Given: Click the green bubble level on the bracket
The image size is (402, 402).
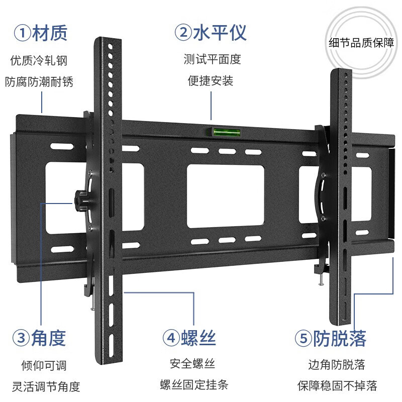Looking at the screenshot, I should click(x=220, y=133).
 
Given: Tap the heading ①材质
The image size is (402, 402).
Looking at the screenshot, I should click(x=40, y=34).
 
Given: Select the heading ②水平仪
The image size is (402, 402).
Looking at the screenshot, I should click(x=211, y=34).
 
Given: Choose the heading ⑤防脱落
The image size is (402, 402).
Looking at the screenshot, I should click(x=331, y=338).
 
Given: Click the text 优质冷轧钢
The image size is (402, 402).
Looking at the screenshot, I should click(x=39, y=61).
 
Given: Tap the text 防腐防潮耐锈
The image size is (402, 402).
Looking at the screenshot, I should click(x=39, y=81).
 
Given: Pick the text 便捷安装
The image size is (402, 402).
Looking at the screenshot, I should click(x=211, y=80).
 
